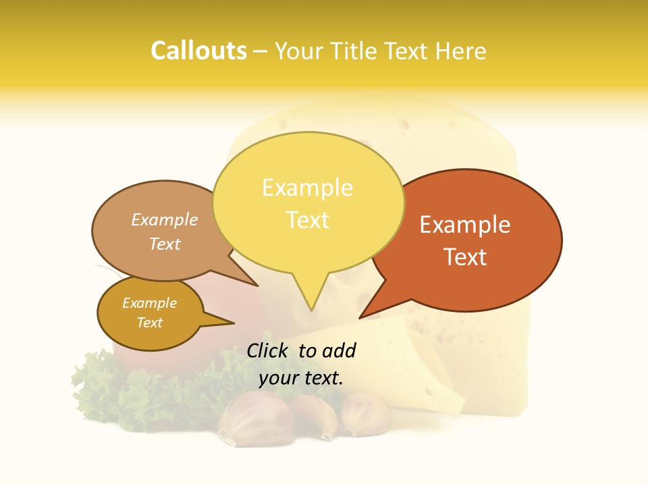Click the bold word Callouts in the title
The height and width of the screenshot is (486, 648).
pos(198,51)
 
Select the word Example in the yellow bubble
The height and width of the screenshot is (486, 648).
pos(307,188)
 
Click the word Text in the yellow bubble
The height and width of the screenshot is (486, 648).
pos(307,220)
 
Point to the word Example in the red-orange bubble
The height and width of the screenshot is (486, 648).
pos(465,225)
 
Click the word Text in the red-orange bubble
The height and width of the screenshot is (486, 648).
pos(465,257)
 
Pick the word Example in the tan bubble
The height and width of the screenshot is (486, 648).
pos(165,220)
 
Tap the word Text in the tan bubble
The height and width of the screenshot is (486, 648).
pos(165,244)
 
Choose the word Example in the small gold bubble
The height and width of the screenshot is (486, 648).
pos(149,303)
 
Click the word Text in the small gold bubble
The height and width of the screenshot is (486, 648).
pos(149,323)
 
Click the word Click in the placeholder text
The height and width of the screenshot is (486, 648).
pos(269,350)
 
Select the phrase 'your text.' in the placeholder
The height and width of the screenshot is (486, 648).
pos(301,378)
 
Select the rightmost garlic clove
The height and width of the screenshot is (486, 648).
pos(365,415)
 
